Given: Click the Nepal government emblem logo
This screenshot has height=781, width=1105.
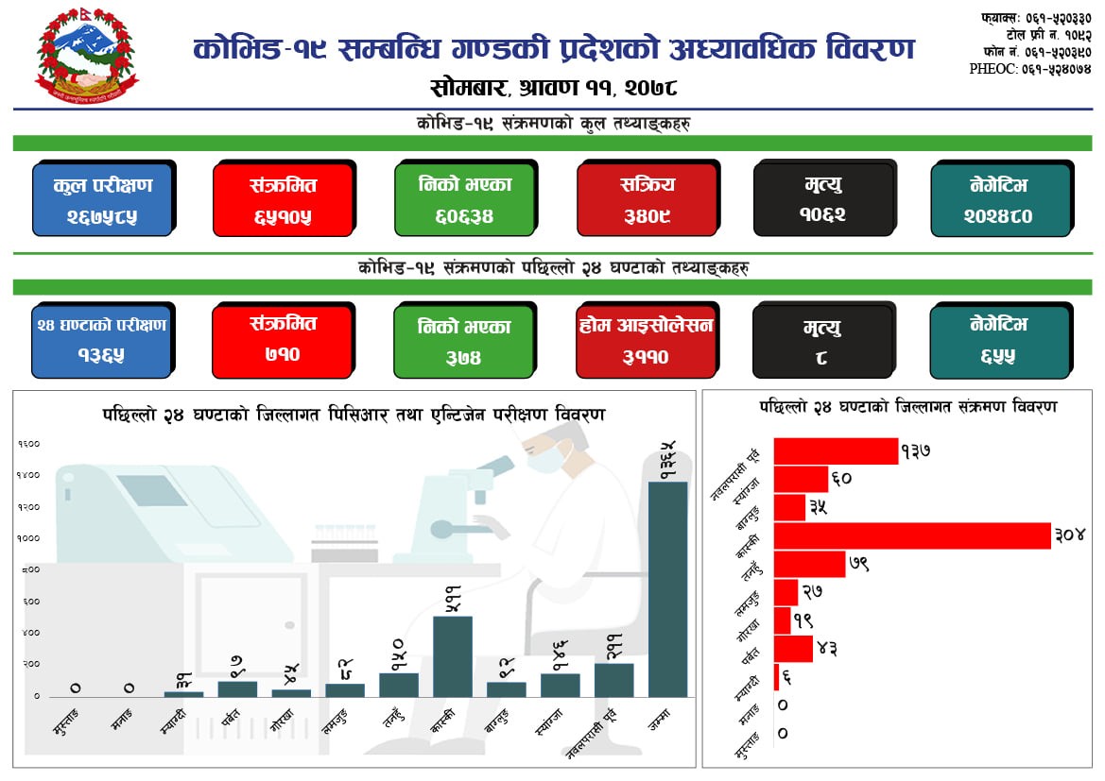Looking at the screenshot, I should tap(86, 58).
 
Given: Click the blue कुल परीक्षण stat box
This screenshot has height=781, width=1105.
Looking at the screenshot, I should tap(102, 199).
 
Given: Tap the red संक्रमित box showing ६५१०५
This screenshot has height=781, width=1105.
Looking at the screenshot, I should tap(283, 199).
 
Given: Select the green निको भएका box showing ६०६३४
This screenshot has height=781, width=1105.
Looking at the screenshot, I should tap(464, 199).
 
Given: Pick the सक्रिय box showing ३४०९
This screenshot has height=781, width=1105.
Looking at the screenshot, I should tap(647, 199).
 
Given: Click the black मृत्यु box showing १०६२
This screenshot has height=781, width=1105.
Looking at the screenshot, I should tap(823, 199).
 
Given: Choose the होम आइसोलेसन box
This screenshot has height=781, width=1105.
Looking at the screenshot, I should tap(647, 341).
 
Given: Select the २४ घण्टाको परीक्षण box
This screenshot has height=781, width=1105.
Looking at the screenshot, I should tap(102, 341).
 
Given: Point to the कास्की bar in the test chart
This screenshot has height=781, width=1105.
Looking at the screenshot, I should tap(452, 656).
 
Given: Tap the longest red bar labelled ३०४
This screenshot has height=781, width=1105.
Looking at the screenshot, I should tap(911, 535).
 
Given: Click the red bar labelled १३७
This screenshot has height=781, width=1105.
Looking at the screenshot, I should tap(835, 451).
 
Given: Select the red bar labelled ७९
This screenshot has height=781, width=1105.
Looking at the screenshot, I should tap(808, 564).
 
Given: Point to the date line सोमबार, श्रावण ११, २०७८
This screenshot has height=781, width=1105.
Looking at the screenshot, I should tap(553, 89).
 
